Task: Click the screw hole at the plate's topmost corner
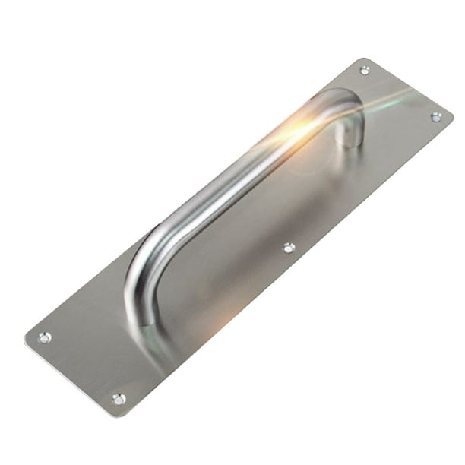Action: point(365,71)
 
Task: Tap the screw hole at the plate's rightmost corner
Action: point(436,116)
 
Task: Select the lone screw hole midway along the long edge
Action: point(289,247)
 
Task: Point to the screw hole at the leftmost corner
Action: point(45,337)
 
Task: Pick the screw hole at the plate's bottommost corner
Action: point(119,398)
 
